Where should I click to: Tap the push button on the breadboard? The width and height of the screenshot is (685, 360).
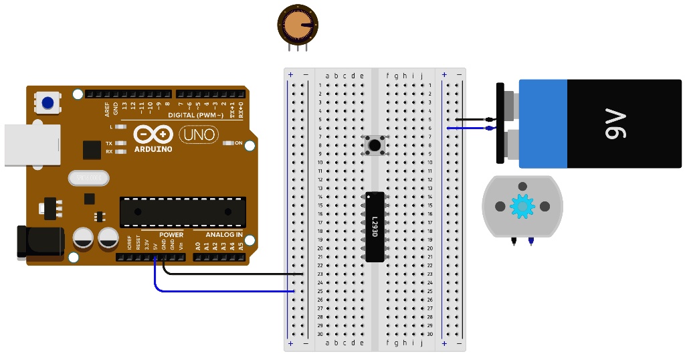pyautogui.click(x=375, y=145)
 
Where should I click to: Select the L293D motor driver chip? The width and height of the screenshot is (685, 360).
pyautogui.click(x=375, y=226)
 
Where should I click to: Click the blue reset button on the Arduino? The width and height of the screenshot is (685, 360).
pyautogui.click(x=47, y=103)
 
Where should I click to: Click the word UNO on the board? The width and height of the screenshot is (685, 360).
pyautogui.click(x=199, y=134)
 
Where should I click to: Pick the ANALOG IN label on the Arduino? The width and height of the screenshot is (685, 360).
pyautogui.click(x=223, y=235)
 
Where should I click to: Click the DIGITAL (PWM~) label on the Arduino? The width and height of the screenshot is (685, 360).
pyautogui.click(x=200, y=115)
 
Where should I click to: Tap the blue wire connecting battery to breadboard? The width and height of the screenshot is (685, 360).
pyautogui.click(x=472, y=127)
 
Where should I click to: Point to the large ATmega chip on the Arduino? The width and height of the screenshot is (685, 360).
pyautogui.click(x=182, y=211)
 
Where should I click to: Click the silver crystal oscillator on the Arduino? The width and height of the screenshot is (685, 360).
pyautogui.click(x=88, y=178)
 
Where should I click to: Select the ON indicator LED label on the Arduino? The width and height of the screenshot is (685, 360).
pyautogui.click(x=237, y=143)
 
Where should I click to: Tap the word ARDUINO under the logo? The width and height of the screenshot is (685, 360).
pyautogui.click(x=153, y=149)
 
